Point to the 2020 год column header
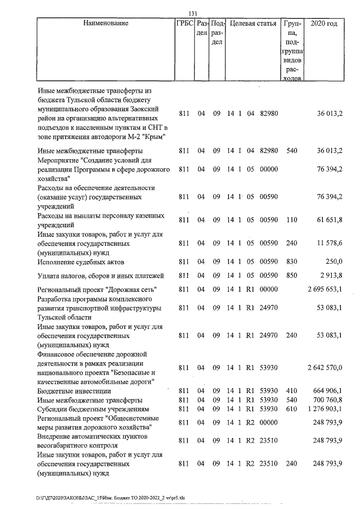pos(327,24)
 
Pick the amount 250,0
pos(334,262)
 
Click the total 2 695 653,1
pos(325,289)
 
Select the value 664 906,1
pos(328,391)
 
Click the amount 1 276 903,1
pos(325,408)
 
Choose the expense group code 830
pos(291,262)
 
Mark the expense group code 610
pos(291,408)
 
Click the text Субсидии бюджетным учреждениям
pos(91,408)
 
